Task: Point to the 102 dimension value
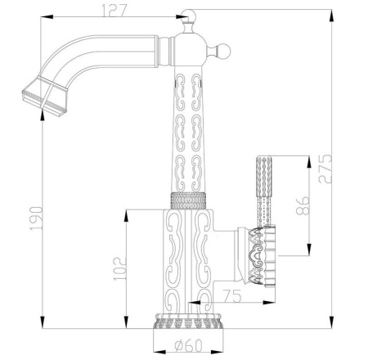pos(119,267)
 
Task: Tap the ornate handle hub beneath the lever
pos(261,254)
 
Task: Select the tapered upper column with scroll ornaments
pos(186,131)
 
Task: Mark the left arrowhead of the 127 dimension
pos(43,17)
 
